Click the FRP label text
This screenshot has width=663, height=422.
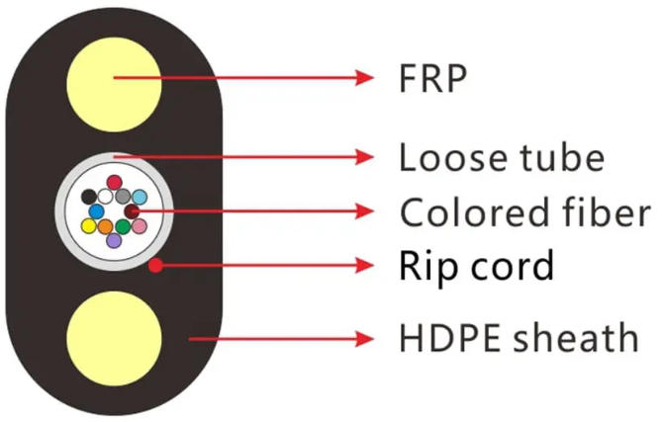pyautogui.click(x=432, y=79)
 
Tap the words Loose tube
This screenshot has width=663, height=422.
pyautogui.click(x=502, y=157)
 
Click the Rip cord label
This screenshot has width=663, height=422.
pyautogui.click(x=476, y=265)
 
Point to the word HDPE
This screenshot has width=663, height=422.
pyautogui.click(x=450, y=338)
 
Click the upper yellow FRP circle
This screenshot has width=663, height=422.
pyautogui.click(x=114, y=84)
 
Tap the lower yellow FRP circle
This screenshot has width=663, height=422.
pyautogui.click(x=114, y=338)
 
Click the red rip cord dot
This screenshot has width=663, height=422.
pyautogui.click(x=155, y=265)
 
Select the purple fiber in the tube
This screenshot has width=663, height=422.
pyautogui.click(x=114, y=240)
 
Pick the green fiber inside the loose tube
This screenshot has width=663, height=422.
pyautogui.click(x=123, y=226)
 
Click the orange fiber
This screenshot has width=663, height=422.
pyautogui.click(x=105, y=226)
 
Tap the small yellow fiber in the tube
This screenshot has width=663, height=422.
pyautogui.click(x=89, y=226)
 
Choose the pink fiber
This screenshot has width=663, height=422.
pyautogui.click(x=140, y=226)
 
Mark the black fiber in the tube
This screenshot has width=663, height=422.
pyautogui.click(x=89, y=197)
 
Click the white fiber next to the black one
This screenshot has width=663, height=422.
pyautogui.click(x=105, y=197)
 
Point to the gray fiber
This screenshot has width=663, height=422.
pyautogui.click(x=123, y=197)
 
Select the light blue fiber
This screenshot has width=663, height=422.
pyautogui.click(x=140, y=197)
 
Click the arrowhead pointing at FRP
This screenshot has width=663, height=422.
pyautogui.click(x=364, y=78)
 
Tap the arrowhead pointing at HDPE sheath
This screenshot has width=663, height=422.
pyautogui.click(x=364, y=338)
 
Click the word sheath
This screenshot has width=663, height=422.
pyautogui.click(x=576, y=338)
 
